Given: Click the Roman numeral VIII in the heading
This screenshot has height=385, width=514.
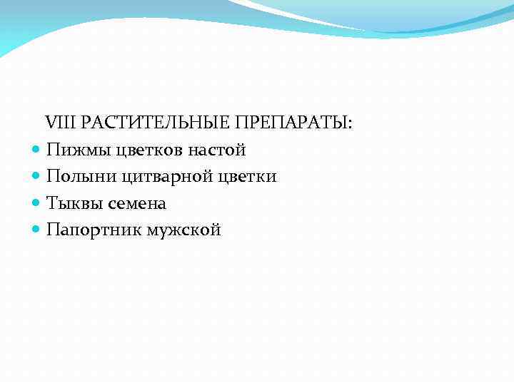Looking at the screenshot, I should [61, 123].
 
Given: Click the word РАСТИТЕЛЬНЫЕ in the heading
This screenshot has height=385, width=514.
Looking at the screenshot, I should [151, 123].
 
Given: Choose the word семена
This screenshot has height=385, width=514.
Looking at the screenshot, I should [136, 203].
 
